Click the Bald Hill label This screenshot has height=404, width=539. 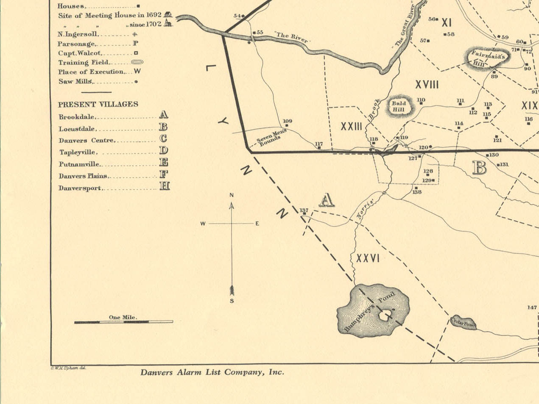click(x=399, y=106)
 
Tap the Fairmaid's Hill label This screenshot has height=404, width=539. click(x=486, y=58)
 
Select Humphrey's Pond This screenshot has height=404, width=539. click(x=373, y=311)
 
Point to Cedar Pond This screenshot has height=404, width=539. click(x=463, y=323)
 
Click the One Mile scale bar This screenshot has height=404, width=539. click(x=123, y=322)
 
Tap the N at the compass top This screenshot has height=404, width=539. click(x=232, y=195)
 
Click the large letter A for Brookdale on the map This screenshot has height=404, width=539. click(x=326, y=200)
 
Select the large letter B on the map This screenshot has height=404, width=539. click(x=479, y=168)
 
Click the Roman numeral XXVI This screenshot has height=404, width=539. click(x=368, y=258)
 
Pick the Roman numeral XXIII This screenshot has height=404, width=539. click(x=351, y=126)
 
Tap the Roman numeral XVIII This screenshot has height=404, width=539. click(x=427, y=85)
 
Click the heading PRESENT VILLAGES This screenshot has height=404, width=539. click(x=98, y=104)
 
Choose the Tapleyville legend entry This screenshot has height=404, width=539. click(x=78, y=152)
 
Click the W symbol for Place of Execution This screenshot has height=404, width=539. click(x=137, y=72)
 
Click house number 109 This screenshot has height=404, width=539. click(x=287, y=121)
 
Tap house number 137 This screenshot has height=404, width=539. click(x=304, y=210)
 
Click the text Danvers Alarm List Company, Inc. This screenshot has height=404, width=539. click(x=212, y=373)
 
